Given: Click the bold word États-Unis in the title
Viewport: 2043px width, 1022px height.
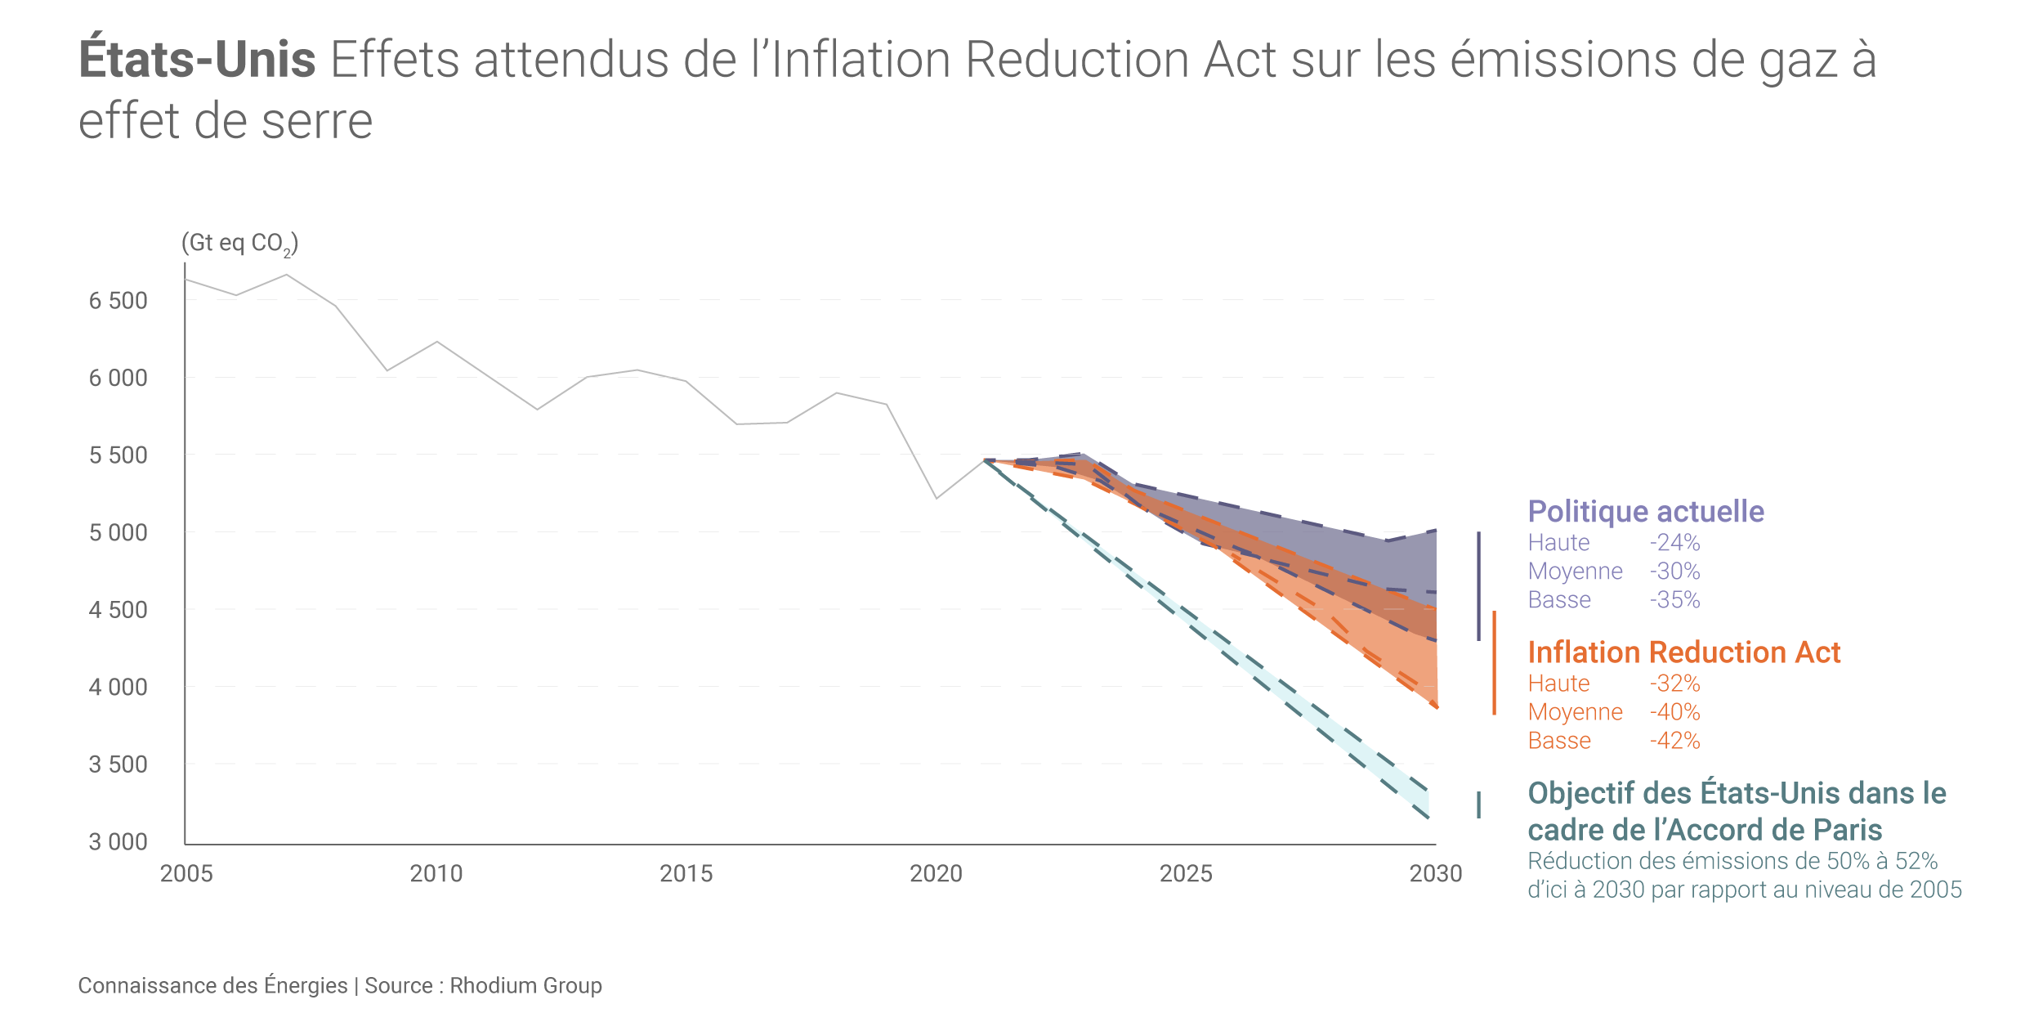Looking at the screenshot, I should click(x=197, y=60).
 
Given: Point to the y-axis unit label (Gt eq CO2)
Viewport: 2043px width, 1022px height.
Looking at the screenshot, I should click(x=239, y=243).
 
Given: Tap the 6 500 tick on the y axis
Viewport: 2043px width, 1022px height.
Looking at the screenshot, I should click(x=118, y=301).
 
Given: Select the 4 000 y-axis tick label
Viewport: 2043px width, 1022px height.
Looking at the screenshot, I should click(x=118, y=688).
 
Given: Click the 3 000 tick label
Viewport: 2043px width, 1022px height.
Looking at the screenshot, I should click(x=118, y=842).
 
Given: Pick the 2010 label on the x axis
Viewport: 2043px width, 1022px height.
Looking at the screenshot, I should click(x=436, y=874).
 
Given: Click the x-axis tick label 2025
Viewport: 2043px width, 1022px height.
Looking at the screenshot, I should click(x=1186, y=874).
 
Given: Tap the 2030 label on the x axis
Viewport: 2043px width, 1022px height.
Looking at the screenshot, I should click(x=1436, y=874).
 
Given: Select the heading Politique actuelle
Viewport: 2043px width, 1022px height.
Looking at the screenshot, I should click(x=1646, y=512).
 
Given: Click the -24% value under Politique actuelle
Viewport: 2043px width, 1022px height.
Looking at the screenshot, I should click(x=1674, y=543).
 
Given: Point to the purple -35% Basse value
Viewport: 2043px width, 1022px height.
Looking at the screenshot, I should click(x=1674, y=600).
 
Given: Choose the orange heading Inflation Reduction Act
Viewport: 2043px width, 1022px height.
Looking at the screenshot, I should click(x=1683, y=652).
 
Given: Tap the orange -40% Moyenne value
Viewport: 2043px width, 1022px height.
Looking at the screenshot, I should click(x=1674, y=712).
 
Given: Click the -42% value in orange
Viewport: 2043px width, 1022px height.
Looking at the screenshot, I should click(x=1674, y=741).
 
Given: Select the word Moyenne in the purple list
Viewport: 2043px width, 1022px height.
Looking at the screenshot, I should click(x=1575, y=572).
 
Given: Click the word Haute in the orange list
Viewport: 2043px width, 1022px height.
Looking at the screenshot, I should click(x=1558, y=684).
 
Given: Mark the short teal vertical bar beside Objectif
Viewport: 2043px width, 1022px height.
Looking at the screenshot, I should click(x=1478, y=805).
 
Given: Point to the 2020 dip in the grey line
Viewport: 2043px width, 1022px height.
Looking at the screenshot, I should click(x=937, y=498).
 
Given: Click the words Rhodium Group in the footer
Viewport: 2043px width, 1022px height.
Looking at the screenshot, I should click(x=525, y=986).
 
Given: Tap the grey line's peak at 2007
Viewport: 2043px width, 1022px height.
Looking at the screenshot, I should click(x=286, y=275).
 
